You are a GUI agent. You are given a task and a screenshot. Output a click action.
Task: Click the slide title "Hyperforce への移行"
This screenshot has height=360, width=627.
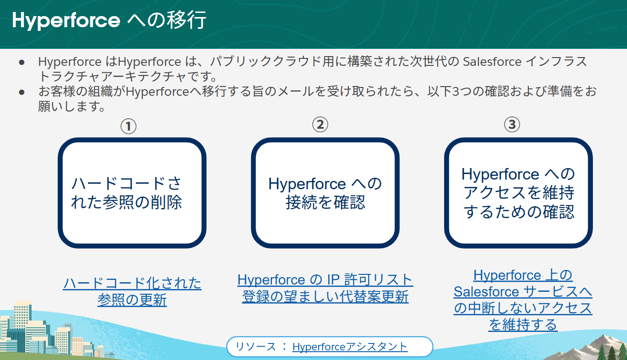109,21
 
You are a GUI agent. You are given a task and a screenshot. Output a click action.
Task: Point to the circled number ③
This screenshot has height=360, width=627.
512,124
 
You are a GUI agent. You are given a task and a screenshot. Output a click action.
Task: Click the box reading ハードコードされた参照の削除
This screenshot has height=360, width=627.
132,193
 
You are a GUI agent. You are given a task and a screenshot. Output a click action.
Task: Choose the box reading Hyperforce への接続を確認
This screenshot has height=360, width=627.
325,193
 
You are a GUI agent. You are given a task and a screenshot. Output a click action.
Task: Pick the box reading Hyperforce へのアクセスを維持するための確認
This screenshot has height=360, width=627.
518,193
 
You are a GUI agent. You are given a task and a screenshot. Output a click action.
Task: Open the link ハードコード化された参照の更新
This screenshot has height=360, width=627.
132,291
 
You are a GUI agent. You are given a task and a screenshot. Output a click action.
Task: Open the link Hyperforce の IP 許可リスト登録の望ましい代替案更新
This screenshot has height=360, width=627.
325,288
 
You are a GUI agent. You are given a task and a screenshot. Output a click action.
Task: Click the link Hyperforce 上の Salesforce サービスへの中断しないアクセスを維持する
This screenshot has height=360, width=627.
523,300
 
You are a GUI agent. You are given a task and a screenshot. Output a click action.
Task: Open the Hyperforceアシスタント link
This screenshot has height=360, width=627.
350,347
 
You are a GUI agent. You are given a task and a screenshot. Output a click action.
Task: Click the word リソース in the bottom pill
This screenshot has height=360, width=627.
256,347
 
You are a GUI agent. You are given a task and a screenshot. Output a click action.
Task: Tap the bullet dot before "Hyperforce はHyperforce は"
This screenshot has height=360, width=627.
22,62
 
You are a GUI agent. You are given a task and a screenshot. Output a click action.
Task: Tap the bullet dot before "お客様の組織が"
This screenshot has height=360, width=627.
22,92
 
